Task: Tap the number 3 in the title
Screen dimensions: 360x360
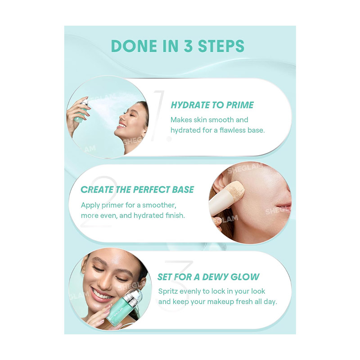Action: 188,46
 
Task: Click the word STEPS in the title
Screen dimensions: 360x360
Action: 221,46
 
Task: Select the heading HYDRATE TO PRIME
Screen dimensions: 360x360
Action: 212,105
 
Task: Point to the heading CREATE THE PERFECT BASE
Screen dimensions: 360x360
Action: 137,189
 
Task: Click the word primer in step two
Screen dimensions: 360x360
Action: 112,205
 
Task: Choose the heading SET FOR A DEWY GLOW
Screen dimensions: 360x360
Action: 208,277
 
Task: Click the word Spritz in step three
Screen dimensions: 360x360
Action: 168,291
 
